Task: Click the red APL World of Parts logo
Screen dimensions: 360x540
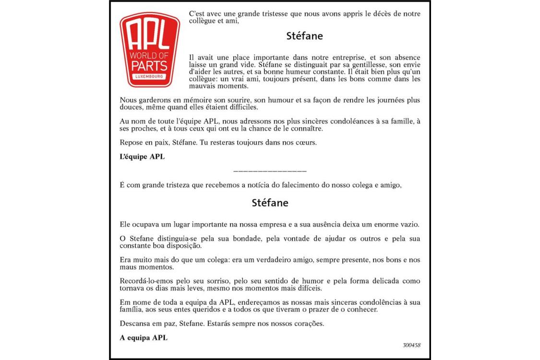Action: [x=150, y=49]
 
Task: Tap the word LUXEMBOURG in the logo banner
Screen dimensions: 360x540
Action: [x=150, y=77]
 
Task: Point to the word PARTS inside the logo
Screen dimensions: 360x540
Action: [x=150, y=65]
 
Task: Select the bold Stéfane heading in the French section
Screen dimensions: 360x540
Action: [x=304, y=36]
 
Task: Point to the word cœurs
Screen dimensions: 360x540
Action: [x=306, y=143]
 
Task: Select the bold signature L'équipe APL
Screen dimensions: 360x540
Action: [x=142, y=156]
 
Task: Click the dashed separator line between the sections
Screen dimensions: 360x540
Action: [x=270, y=171]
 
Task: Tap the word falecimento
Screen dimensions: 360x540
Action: [x=291, y=185]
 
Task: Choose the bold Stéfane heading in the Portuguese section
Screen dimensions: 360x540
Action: [x=270, y=203]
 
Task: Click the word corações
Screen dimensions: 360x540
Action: [x=308, y=323]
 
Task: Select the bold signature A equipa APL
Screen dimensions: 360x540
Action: [x=144, y=337]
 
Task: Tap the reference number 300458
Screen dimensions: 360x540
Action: [x=412, y=345]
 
